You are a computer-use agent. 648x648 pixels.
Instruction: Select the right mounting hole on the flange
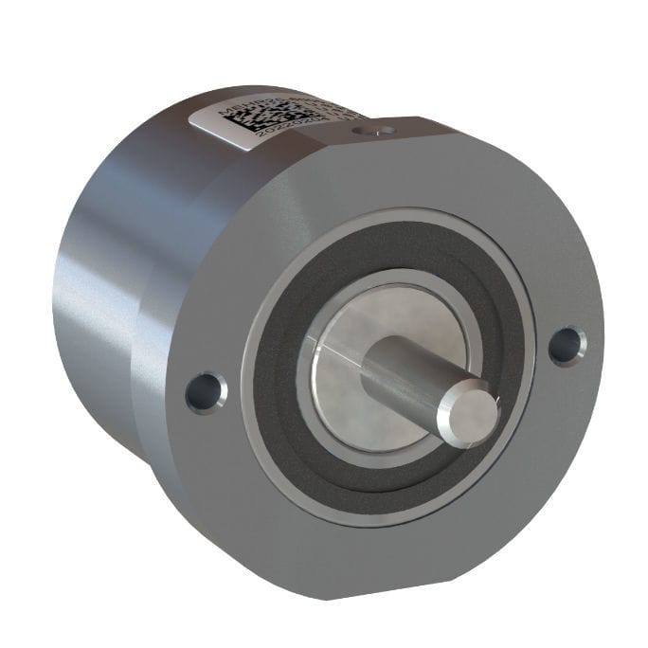pos(567,344)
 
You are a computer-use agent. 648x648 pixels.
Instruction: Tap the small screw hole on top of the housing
pos(382,128)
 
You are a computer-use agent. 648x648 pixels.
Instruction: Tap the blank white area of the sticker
pos(213,121)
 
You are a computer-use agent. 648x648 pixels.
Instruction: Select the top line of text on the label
pos(284,106)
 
